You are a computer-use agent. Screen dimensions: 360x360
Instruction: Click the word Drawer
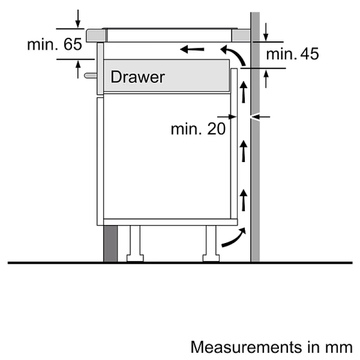pyautogui.click(x=137, y=77)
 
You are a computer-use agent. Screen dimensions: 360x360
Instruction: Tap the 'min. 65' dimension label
pyautogui.click(x=54, y=44)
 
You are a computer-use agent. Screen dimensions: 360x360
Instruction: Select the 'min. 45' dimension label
pyautogui.click(x=292, y=54)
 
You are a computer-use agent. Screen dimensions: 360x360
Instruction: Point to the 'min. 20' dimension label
pyautogui.click(x=198, y=129)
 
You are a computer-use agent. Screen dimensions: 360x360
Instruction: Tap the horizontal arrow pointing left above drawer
pyautogui.click(x=192, y=48)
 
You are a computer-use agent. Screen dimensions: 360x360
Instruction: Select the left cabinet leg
pyautogui.click(x=135, y=243)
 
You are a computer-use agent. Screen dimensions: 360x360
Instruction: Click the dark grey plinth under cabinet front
pyautogui.click(x=110, y=243)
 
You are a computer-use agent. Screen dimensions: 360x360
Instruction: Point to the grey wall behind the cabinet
pyautogui.click(x=255, y=180)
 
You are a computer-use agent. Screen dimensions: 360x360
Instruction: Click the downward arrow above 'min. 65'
pyautogui.click(x=78, y=19)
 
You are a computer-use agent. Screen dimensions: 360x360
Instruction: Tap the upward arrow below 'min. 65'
pyautogui.click(x=78, y=69)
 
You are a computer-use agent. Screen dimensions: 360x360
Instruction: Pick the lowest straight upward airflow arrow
pyautogui.click(x=243, y=201)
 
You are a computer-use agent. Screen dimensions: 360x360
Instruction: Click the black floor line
pyautogui.click(x=180, y=262)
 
